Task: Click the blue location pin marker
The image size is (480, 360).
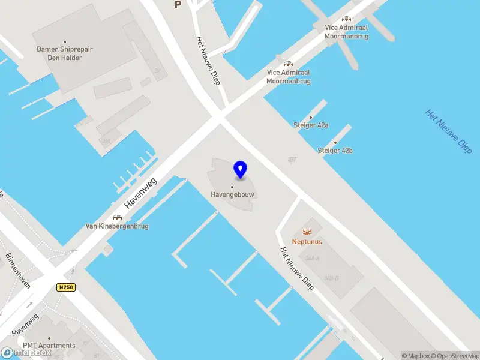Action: point(241,170)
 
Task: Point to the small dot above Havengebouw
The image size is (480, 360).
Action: point(232,187)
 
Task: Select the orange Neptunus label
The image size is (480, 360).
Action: point(307,242)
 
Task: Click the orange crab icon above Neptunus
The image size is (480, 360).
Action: point(307,232)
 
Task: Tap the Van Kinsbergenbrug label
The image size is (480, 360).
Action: point(117,226)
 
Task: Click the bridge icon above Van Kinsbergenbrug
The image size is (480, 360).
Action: point(117,217)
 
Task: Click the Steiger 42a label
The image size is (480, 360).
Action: point(311,125)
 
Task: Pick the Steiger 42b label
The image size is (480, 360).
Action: point(335,150)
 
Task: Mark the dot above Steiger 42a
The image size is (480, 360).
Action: point(311,117)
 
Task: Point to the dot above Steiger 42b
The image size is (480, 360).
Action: point(335,142)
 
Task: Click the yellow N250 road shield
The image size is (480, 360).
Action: point(66,287)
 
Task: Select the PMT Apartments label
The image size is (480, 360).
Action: point(49,345)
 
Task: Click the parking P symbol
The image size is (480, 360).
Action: point(177,5)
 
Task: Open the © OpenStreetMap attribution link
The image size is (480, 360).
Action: point(455,356)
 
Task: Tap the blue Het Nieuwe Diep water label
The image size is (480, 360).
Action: point(448,131)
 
